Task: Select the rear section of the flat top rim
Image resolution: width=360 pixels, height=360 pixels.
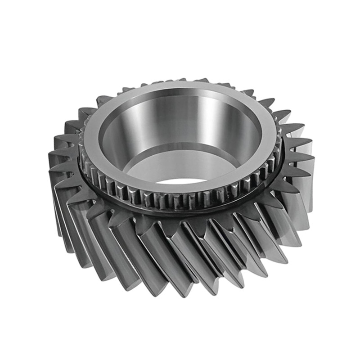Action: (180, 87)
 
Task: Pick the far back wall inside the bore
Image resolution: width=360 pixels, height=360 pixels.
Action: (180, 112)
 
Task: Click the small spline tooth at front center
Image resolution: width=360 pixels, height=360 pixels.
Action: (180, 200)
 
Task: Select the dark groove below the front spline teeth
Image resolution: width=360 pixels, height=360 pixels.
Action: (180, 212)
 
